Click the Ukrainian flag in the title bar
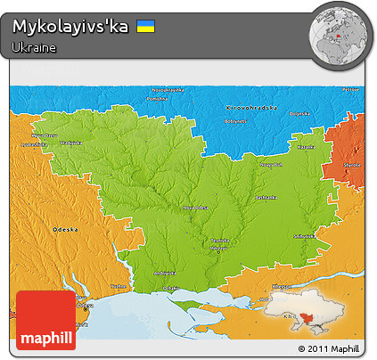145,27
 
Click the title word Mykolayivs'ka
71,27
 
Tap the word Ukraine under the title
35,47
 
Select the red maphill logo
45,320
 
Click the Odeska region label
65,228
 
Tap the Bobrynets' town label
235,119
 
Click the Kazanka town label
306,145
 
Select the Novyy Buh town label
271,164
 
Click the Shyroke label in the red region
352,164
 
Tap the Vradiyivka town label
71,143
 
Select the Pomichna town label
157,99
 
